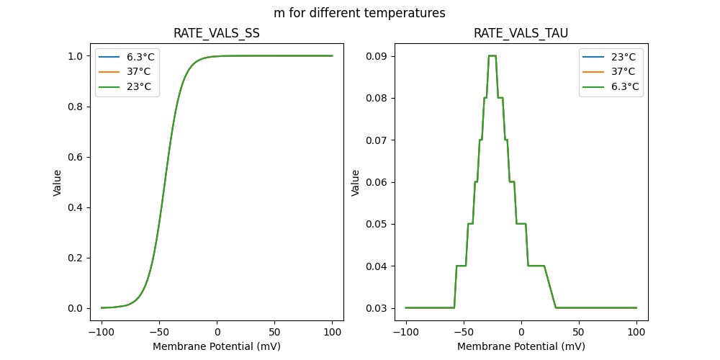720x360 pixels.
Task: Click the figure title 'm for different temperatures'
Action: point(359,13)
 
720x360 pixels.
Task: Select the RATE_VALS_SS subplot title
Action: point(217,34)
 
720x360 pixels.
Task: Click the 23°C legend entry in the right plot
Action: point(623,56)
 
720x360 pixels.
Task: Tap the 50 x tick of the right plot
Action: point(579,333)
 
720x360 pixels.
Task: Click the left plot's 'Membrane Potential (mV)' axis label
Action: point(217,346)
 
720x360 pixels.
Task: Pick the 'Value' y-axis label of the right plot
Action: point(355,182)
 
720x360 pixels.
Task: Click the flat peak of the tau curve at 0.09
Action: point(492,55)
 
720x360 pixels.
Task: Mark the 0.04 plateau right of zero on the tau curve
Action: point(536,266)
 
